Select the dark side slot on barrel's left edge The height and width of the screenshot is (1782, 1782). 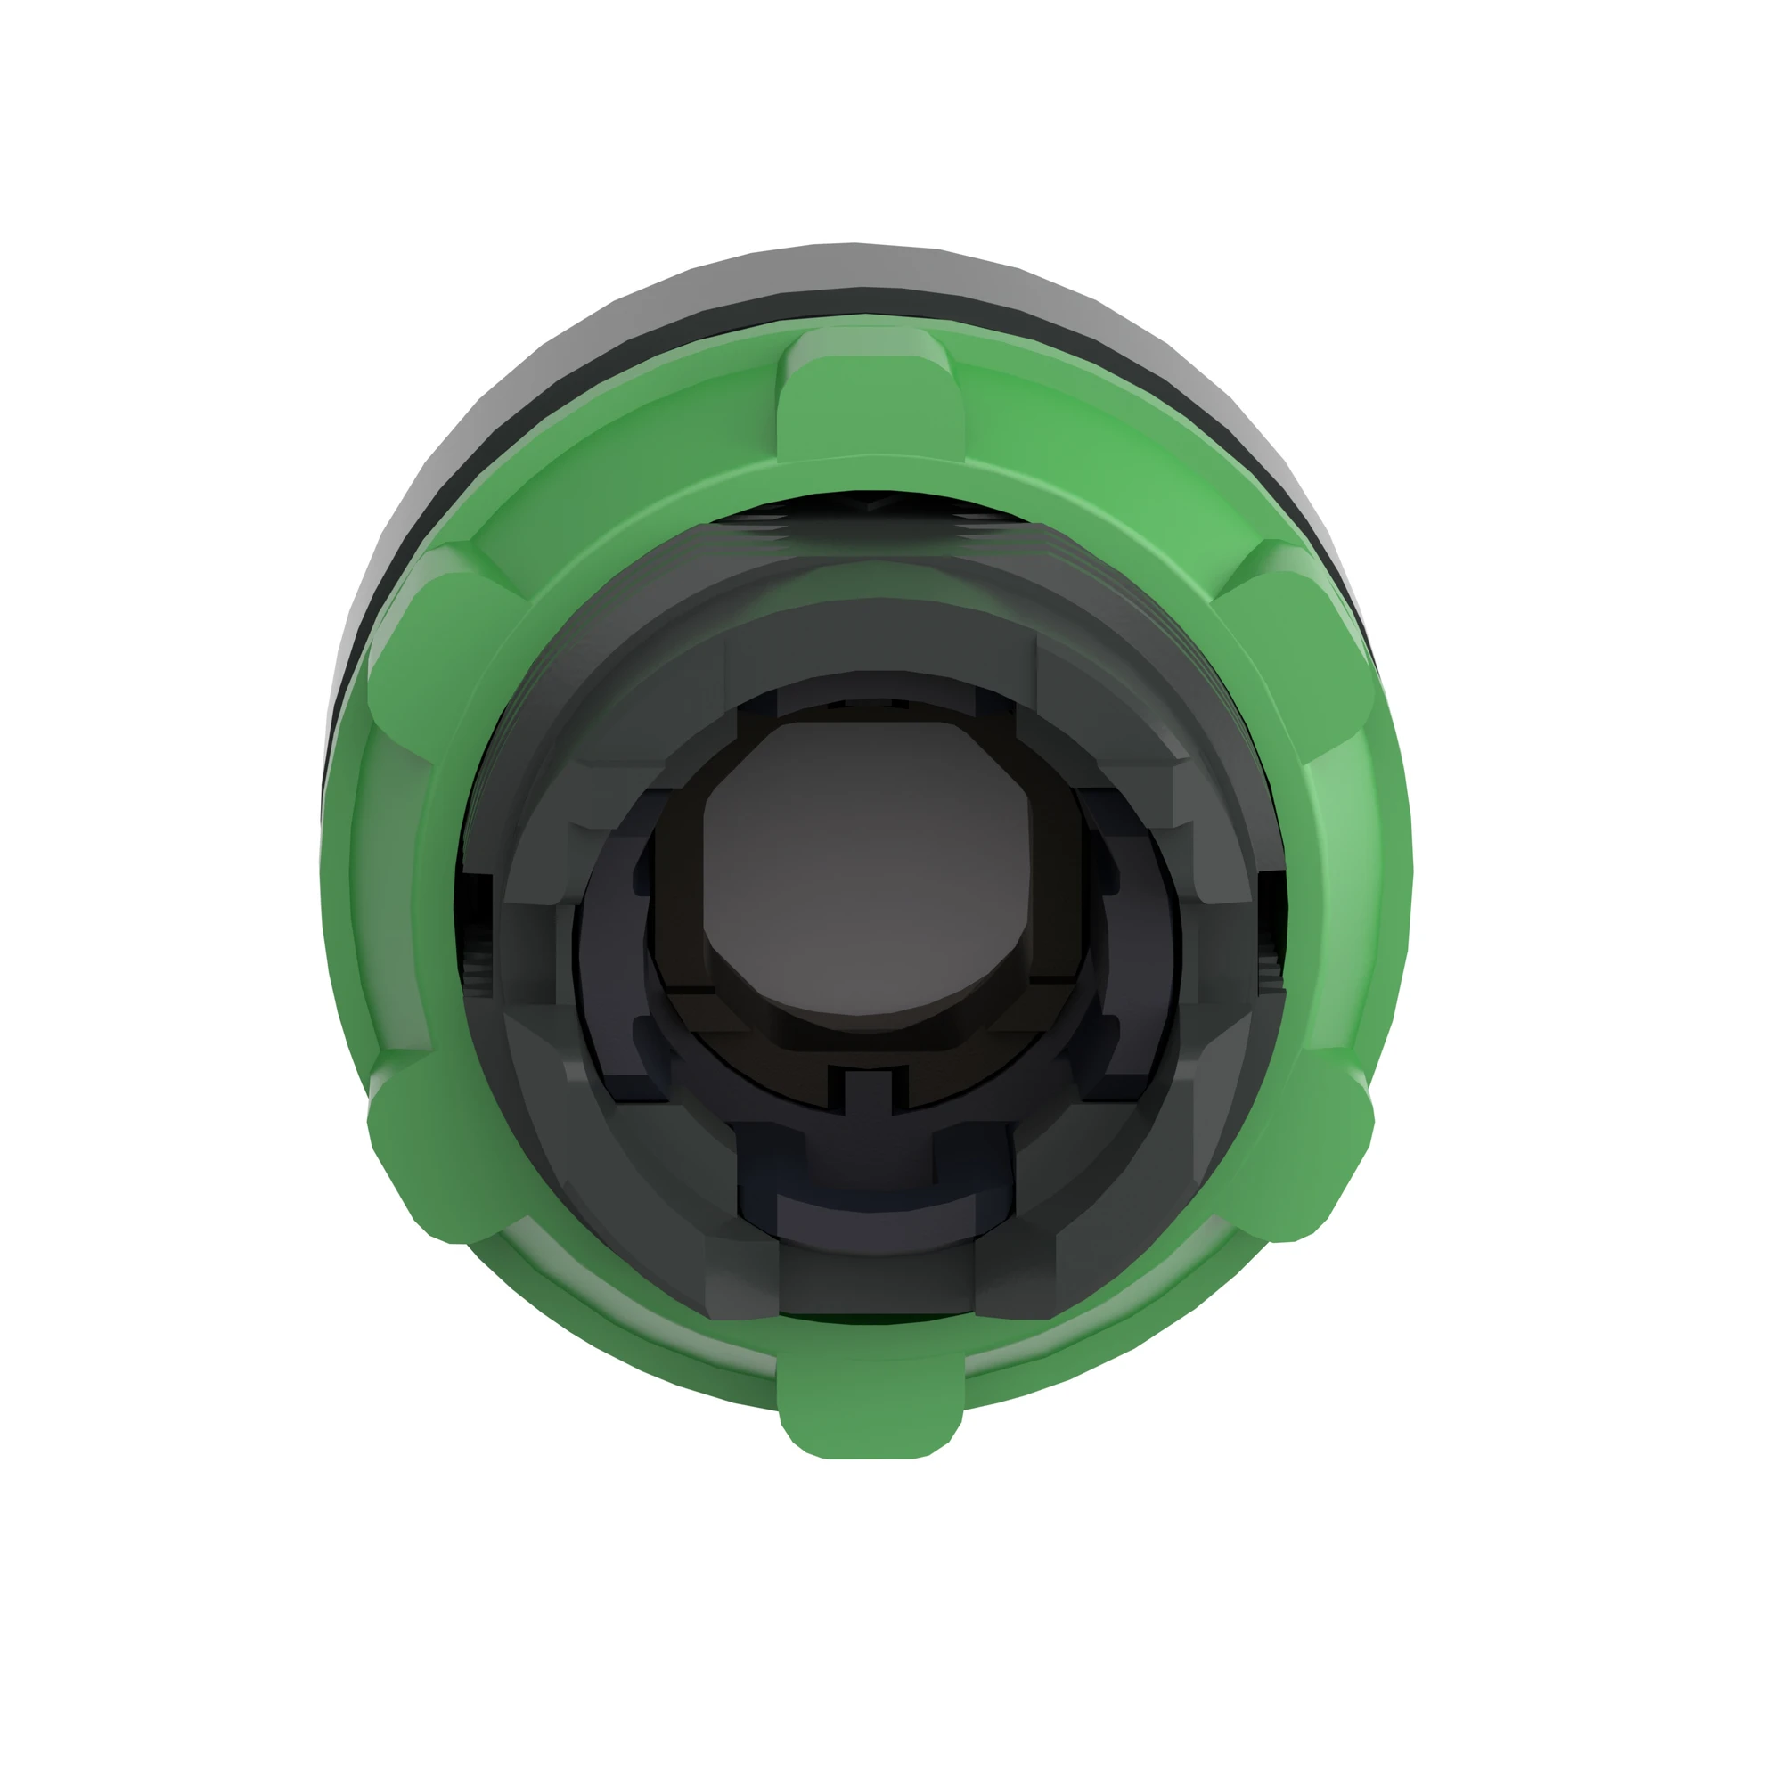click(473, 932)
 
